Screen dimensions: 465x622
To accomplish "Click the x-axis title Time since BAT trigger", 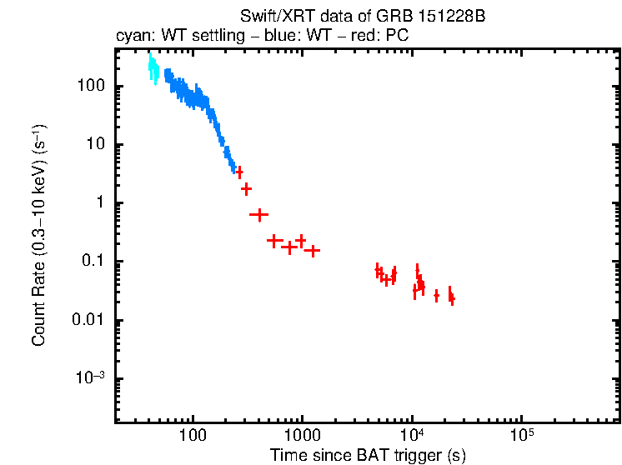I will click(x=368, y=455).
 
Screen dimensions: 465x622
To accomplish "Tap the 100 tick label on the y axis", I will click(x=91, y=86).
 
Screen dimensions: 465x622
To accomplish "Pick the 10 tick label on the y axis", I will click(x=95, y=144).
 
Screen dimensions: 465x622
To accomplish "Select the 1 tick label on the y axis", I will click(x=98, y=203).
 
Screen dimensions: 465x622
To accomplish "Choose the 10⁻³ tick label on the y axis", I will click(x=90, y=377).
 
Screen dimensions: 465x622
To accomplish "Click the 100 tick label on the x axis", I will click(x=193, y=435).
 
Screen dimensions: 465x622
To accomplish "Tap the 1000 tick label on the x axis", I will click(x=302, y=435).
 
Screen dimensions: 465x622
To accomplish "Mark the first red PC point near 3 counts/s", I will click(x=239, y=172).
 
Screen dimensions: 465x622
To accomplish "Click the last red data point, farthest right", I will click(x=452, y=297).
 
